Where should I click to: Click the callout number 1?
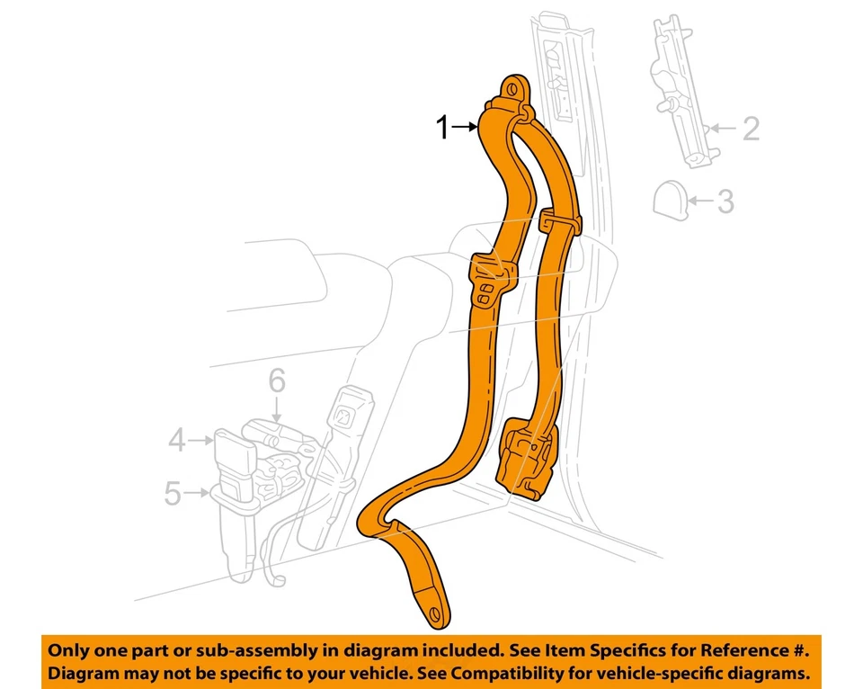(442, 129)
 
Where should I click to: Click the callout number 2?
(751, 129)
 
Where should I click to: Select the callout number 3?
(725, 201)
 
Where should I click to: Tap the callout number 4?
(177, 440)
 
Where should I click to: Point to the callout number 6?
(276, 381)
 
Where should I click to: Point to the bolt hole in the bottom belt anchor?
(437, 612)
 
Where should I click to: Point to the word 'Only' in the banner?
(68, 649)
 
